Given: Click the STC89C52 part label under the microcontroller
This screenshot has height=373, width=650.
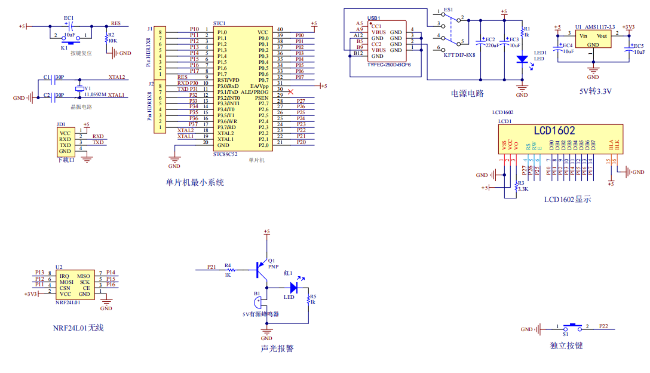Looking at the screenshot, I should [x=226, y=154].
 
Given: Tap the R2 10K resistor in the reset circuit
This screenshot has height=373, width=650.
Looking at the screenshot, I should [x=106, y=37].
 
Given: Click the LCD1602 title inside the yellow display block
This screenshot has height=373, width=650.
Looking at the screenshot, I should [x=554, y=131].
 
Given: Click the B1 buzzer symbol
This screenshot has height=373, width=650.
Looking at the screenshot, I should [x=257, y=302].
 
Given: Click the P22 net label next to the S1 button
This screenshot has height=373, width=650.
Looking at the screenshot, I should [x=603, y=326].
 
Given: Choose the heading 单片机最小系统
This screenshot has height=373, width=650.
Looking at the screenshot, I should [x=195, y=182].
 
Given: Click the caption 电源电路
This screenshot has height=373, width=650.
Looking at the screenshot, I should [x=467, y=93].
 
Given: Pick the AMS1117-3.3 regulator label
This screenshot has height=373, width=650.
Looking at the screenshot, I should [x=600, y=27].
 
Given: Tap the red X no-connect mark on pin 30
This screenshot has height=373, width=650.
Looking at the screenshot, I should [x=290, y=91].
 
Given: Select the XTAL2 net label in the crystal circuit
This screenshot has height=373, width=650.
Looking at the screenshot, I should [x=116, y=77].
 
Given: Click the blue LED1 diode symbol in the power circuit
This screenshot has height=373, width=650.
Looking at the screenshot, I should [x=522, y=59].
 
